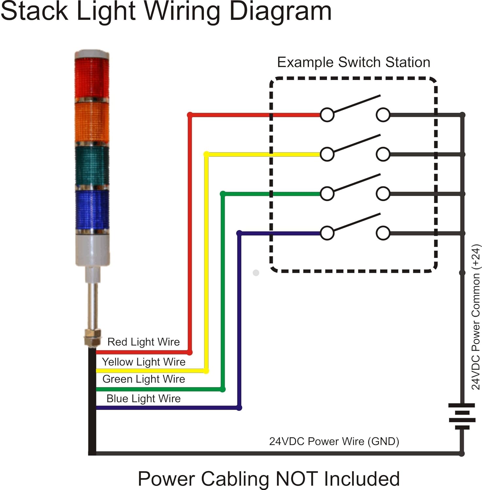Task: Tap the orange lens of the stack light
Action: tap(92, 122)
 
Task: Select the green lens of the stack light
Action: tap(92, 166)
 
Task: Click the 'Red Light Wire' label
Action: tap(143, 342)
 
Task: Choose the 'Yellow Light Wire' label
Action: tap(143, 362)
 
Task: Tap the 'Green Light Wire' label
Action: tap(143, 379)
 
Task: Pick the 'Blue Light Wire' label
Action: tap(143, 399)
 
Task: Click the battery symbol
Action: tap(462, 416)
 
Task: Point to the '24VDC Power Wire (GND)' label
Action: tap(334, 441)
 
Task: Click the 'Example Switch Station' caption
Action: tap(354, 62)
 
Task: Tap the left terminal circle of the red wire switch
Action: tap(327, 115)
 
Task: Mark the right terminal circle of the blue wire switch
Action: tap(383, 233)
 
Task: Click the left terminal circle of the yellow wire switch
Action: tap(327, 154)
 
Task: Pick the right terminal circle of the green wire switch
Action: tap(383, 194)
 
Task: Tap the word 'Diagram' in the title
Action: tap(280, 11)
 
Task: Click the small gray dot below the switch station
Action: tap(256, 273)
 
